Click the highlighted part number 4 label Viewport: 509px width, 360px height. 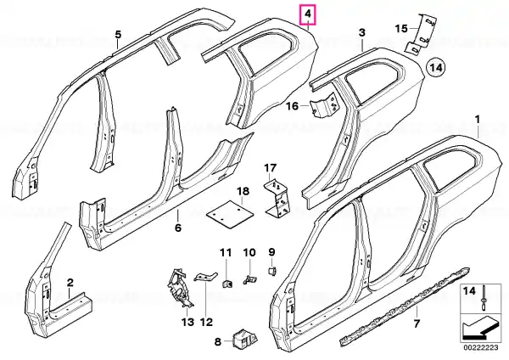308,14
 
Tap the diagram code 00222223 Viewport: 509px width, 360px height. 481,347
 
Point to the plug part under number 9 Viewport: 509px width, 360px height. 271,271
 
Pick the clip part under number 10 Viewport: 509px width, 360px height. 249,278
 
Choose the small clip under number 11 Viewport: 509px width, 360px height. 227,284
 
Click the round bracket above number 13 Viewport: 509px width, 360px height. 179,287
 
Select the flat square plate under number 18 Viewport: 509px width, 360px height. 230,215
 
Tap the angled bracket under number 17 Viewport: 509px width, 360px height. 277,199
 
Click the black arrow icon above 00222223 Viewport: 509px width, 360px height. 480,329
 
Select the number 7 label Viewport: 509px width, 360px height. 417,323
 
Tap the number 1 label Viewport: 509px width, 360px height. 477,120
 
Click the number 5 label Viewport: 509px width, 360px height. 118,35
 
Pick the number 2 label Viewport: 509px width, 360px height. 70,283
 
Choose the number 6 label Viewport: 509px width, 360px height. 178,228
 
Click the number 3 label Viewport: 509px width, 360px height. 362,32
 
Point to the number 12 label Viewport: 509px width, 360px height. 206,322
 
